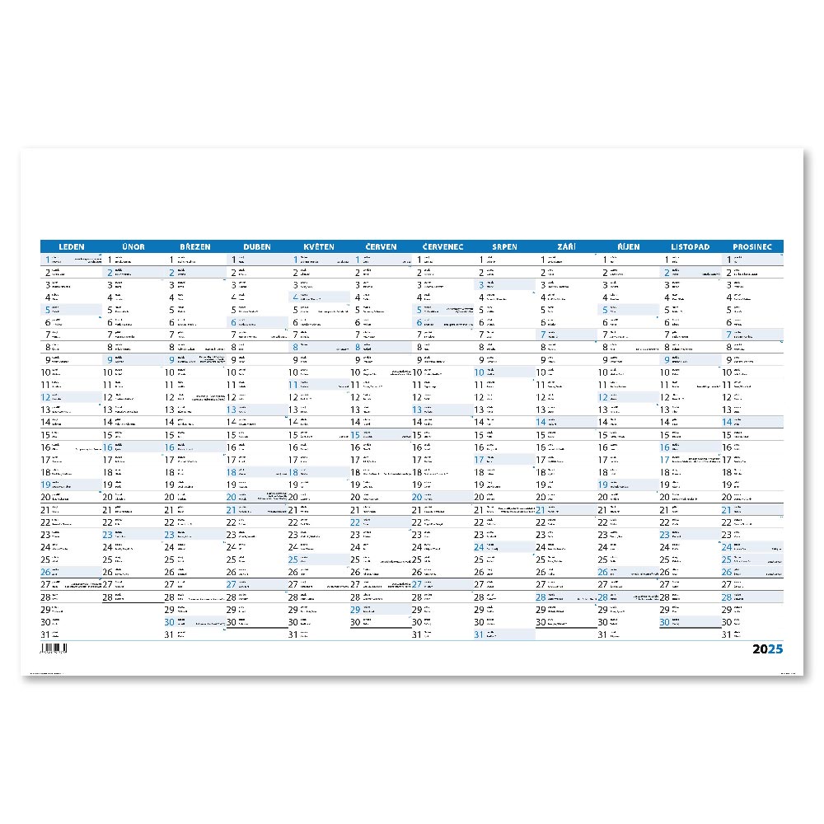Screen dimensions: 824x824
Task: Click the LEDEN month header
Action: (x=72, y=246)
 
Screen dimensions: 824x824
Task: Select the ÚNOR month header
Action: (x=133, y=246)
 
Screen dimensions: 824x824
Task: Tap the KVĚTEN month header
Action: (x=318, y=246)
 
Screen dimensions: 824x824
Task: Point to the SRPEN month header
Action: (x=504, y=246)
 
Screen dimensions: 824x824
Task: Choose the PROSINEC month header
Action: (x=751, y=246)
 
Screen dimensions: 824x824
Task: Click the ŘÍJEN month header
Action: (x=628, y=246)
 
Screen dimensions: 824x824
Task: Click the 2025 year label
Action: (x=768, y=649)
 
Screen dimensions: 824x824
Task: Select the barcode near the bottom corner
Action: (x=54, y=649)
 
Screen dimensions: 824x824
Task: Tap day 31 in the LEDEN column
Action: (x=46, y=635)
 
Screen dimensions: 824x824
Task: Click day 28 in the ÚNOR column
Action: (x=108, y=597)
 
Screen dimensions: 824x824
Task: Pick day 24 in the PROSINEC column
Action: (x=727, y=546)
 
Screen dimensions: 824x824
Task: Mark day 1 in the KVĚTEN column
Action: (x=295, y=260)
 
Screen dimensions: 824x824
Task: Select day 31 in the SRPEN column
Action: (x=479, y=635)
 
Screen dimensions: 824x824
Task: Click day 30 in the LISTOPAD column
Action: (x=664, y=623)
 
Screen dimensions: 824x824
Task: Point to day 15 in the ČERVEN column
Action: (x=356, y=434)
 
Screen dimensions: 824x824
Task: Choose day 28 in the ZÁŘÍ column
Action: (x=541, y=597)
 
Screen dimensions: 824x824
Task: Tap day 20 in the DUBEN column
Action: (x=232, y=497)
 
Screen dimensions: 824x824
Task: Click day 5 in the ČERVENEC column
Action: (x=419, y=310)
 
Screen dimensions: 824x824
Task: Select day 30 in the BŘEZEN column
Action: (x=170, y=623)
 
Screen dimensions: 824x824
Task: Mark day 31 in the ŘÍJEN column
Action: (x=602, y=635)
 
